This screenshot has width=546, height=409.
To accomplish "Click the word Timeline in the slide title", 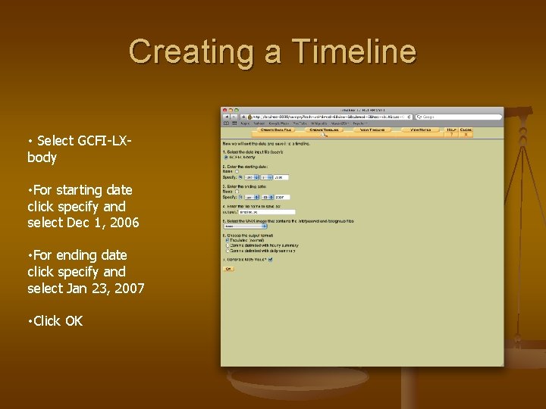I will click(x=354, y=52).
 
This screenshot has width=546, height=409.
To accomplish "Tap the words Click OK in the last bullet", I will click(x=55, y=320).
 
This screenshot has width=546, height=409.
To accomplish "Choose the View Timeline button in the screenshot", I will click(x=371, y=130).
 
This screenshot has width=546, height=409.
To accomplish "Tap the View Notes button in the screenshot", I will click(x=420, y=130).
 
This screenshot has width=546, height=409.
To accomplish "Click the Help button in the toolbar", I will click(x=452, y=130).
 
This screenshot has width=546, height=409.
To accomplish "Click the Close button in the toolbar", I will click(x=466, y=130).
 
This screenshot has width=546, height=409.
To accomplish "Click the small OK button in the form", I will click(x=227, y=269).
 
